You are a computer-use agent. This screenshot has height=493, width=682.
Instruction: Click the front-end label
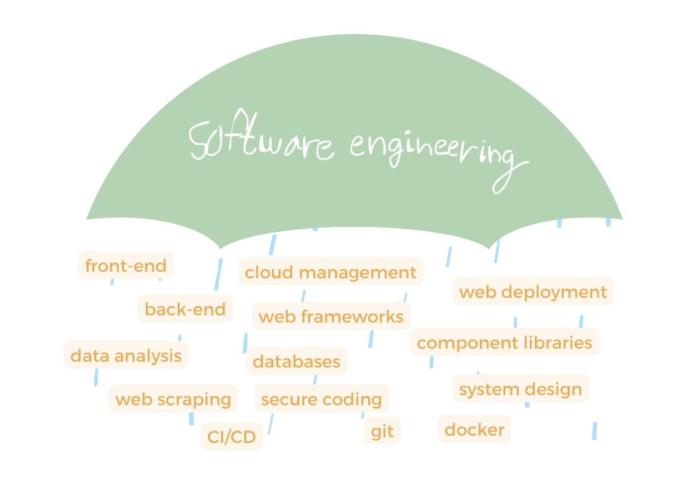(125, 265)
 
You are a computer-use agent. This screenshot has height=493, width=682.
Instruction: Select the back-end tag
(185, 310)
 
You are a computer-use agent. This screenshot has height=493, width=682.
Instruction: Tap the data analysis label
(125, 356)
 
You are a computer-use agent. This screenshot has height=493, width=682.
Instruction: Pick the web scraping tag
(172, 399)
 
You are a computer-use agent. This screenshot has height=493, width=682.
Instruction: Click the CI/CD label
(231, 437)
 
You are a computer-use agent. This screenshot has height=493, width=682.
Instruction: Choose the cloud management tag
(330, 273)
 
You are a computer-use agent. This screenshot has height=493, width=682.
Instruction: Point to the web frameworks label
(330, 317)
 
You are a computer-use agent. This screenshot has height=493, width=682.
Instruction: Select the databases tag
(296, 361)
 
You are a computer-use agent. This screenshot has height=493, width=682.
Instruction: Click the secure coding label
(321, 399)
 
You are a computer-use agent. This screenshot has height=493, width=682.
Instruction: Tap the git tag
(382, 431)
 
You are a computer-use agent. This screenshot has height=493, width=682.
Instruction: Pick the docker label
(474, 430)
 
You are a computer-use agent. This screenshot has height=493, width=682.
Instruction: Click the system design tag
(520, 389)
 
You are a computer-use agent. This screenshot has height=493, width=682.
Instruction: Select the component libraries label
(504, 342)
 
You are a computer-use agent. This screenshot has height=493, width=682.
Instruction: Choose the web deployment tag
(533, 292)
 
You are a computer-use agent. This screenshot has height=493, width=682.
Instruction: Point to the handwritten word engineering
(435, 152)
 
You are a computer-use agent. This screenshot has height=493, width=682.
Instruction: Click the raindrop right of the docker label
(594, 431)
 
